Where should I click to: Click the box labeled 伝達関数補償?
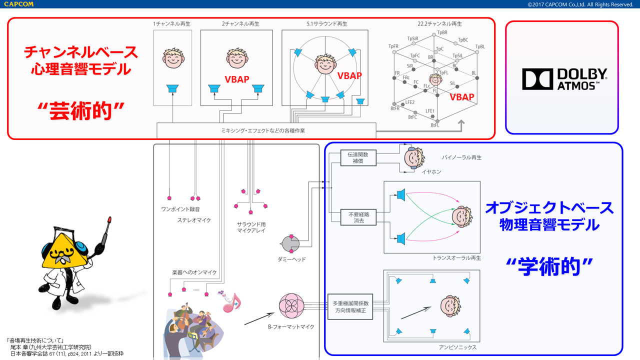click(x=357, y=158)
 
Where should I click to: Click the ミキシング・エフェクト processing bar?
click(x=266, y=130)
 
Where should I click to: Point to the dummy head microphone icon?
click(x=290, y=244)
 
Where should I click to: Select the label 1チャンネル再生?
click(x=172, y=23)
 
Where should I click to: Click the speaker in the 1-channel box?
click(x=172, y=89)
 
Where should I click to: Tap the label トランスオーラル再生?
click(x=457, y=258)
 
